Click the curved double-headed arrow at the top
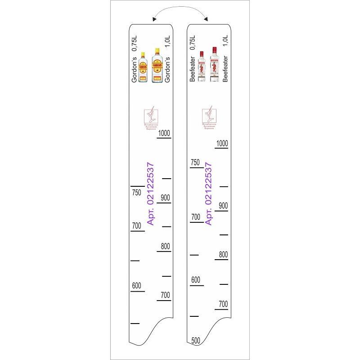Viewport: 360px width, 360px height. point(180,12)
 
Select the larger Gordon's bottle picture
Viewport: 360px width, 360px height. point(157,66)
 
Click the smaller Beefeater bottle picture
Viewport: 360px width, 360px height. point(202,66)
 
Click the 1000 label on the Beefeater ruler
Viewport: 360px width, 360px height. point(222,143)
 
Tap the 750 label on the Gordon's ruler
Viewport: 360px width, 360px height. point(136,193)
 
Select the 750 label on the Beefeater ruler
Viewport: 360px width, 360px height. point(195,162)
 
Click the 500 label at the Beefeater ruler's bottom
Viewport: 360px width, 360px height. point(195,340)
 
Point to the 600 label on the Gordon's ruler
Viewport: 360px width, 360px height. point(137,285)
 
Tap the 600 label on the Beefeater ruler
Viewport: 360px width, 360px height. point(195,279)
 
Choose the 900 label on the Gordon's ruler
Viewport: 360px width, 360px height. point(165,197)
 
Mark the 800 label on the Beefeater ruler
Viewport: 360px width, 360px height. point(223,254)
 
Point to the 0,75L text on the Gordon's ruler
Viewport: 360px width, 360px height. point(134,45)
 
